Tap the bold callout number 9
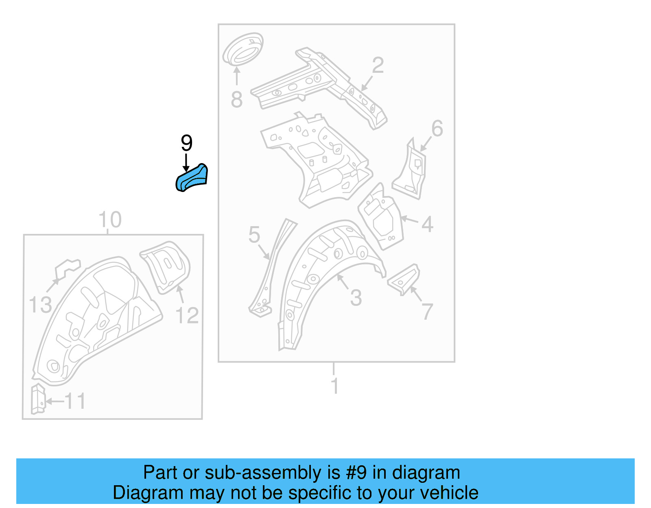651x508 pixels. pos(186,143)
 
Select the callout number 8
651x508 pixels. pos(237,100)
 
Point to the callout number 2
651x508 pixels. pos(378,65)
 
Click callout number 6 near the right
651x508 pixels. pos(437,129)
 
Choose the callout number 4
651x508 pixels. pos(427,224)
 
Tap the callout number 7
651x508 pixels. pos(427,312)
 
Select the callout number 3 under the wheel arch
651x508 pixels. pos(356,298)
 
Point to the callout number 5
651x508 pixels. pos(254,235)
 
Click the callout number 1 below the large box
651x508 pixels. pos(334,386)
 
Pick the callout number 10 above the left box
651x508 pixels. pos(110,220)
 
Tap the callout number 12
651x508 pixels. pos(187,316)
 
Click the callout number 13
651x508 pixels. pos(40,305)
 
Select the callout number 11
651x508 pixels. pos(76,401)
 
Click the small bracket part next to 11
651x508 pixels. pos(38,398)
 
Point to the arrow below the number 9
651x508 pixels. pos(186,162)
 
